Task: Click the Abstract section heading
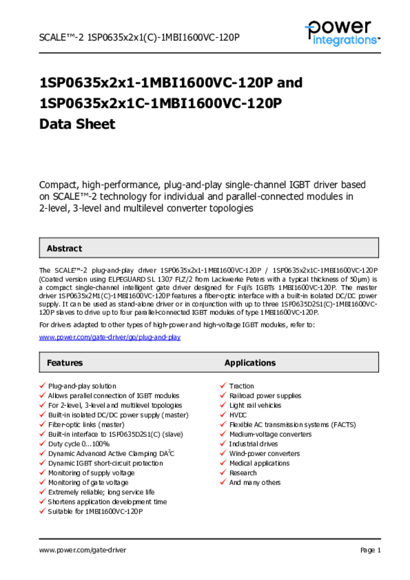pyautogui.click(x=64, y=248)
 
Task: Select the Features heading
pyautogui.click(x=65, y=362)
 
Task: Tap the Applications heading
pyautogui.click(x=250, y=362)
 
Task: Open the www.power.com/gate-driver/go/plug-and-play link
pyautogui.click(x=109, y=337)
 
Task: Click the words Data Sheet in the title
pyautogui.click(x=77, y=124)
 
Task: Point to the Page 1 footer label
pyautogui.click(x=370, y=550)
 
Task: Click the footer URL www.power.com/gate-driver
pyautogui.click(x=83, y=550)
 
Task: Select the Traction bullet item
pyautogui.click(x=241, y=386)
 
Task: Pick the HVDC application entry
pyautogui.click(x=238, y=415)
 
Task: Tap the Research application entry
pyautogui.click(x=243, y=472)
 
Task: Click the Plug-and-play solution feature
pyautogui.click(x=82, y=386)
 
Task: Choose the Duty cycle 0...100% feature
pyautogui.click(x=79, y=443)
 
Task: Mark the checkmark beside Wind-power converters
pyautogui.click(x=223, y=453)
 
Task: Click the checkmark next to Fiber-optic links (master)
pyautogui.click(x=42, y=424)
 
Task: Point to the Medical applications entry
pyautogui.click(x=259, y=463)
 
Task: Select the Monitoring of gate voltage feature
pyautogui.click(x=88, y=482)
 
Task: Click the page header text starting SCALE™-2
pyautogui.click(x=139, y=37)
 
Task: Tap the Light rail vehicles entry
pyautogui.click(x=255, y=405)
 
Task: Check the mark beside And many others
pyautogui.click(x=223, y=482)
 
